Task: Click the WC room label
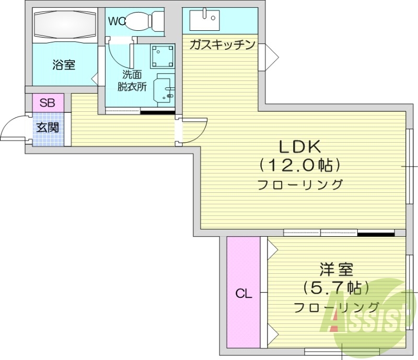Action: [117, 21]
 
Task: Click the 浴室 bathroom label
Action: [64, 65]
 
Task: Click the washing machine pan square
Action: [164, 56]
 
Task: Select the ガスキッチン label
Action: [222, 44]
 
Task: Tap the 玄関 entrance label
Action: [47, 127]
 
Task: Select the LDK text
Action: [299, 146]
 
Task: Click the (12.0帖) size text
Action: [299, 165]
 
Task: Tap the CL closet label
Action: [243, 294]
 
